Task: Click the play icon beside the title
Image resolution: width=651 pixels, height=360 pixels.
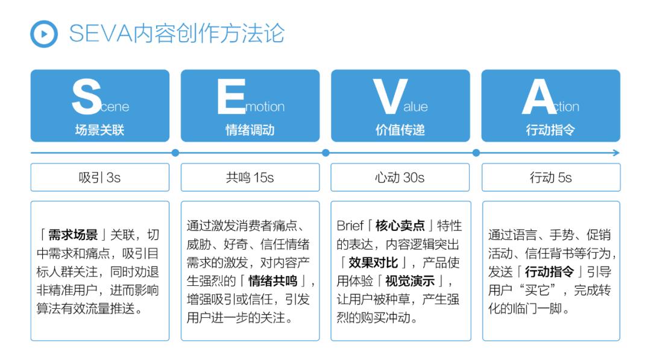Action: [x=43, y=34]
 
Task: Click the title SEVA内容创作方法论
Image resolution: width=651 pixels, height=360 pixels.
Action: [x=176, y=34]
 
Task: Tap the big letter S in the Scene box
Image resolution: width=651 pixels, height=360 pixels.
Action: [x=86, y=96]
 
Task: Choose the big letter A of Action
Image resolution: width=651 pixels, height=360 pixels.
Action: [x=538, y=96]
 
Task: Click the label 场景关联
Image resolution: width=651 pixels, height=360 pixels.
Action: [x=99, y=130]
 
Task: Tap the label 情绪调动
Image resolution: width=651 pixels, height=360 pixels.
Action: [x=250, y=130]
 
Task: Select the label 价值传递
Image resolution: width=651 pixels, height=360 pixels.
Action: [x=400, y=130]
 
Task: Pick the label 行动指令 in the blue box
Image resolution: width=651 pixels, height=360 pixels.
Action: [x=550, y=130]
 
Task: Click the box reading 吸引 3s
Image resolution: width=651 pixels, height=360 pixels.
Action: [x=99, y=177]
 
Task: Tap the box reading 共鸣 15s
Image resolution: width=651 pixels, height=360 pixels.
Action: [x=250, y=177]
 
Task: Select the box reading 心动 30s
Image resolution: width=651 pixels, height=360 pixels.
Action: [x=400, y=177]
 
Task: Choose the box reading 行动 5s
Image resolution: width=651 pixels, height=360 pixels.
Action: [x=550, y=177]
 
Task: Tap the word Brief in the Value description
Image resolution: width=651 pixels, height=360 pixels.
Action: [x=350, y=226]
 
